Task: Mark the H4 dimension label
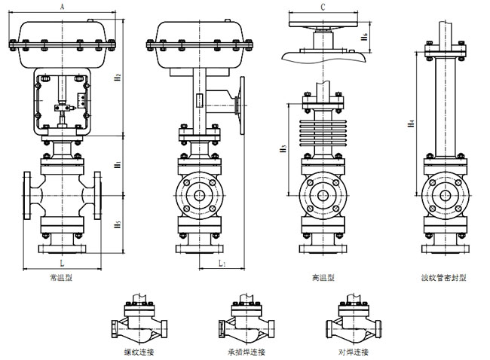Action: click(410, 121)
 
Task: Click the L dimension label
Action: click(62, 264)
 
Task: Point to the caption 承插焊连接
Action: click(247, 352)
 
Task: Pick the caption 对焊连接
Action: click(353, 352)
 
